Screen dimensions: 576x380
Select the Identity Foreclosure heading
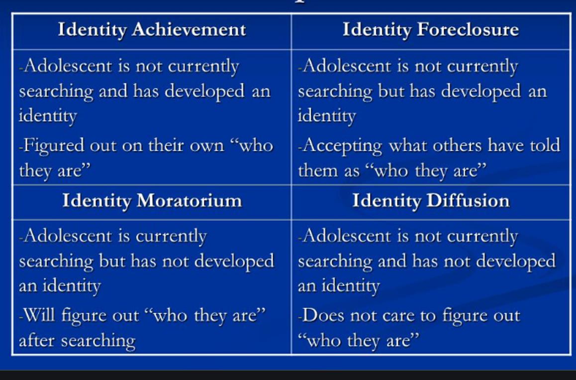[x=431, y=29]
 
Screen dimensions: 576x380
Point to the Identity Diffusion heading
[x=431, y=201]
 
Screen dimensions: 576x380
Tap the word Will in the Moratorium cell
[x=39, y=315]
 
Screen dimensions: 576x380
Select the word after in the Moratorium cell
[x=36, y=340]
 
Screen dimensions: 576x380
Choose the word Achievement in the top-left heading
[x=189, y=29]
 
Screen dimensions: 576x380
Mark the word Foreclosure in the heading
[x=468, y=29]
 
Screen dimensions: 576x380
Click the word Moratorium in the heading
[x=189, y=201]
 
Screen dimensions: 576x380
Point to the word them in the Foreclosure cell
[x=318, y=171]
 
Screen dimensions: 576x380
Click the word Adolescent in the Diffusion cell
[x=347, y=236]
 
